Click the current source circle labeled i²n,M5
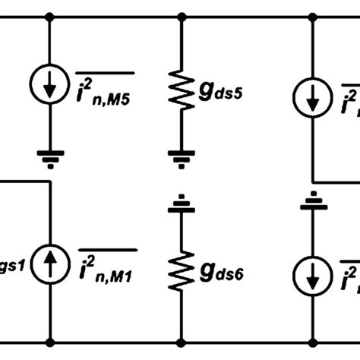[x=50, y=87]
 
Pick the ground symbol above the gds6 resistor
[x=181, y=206]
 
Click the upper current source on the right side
[x=312, y=94]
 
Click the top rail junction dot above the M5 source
[x=50, y=16]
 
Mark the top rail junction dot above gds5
[x=181, y=16]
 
